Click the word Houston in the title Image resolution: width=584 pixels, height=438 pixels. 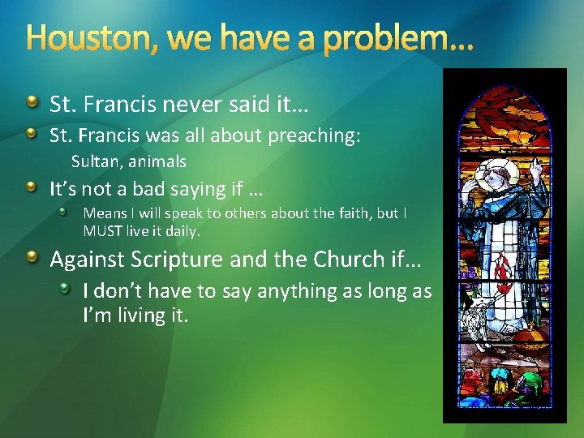point(69,37)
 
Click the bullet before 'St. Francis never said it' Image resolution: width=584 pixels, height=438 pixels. point(31,102)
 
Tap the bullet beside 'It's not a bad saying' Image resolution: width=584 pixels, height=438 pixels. point(31,187)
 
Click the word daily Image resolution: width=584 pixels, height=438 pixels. point(182,230)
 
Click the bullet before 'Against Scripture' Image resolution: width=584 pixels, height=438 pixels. point(31,258)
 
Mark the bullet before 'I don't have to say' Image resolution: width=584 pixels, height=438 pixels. point(72,288)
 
